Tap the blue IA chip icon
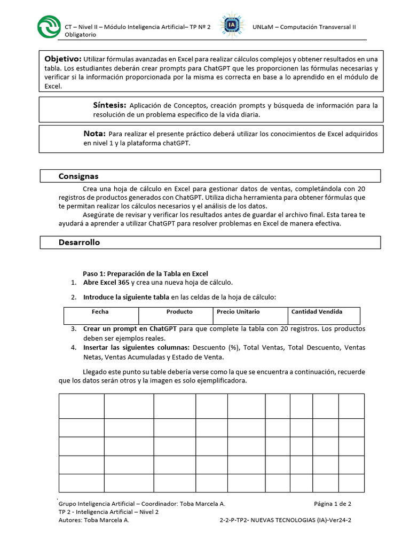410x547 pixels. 231,26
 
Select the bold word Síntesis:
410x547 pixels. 109,105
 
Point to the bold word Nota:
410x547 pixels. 94,134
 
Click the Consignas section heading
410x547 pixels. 78,176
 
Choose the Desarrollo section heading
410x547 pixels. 79,243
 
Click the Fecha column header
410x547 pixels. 100,311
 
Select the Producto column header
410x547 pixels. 179,311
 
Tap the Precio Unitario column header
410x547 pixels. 238,311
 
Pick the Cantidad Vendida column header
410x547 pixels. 317,311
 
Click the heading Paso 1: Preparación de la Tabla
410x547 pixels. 145,273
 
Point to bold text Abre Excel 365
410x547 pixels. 106,283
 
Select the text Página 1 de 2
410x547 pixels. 332,503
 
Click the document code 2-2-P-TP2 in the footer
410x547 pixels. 240,519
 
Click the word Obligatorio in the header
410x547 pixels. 80,34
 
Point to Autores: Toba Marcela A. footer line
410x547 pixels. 93,519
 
